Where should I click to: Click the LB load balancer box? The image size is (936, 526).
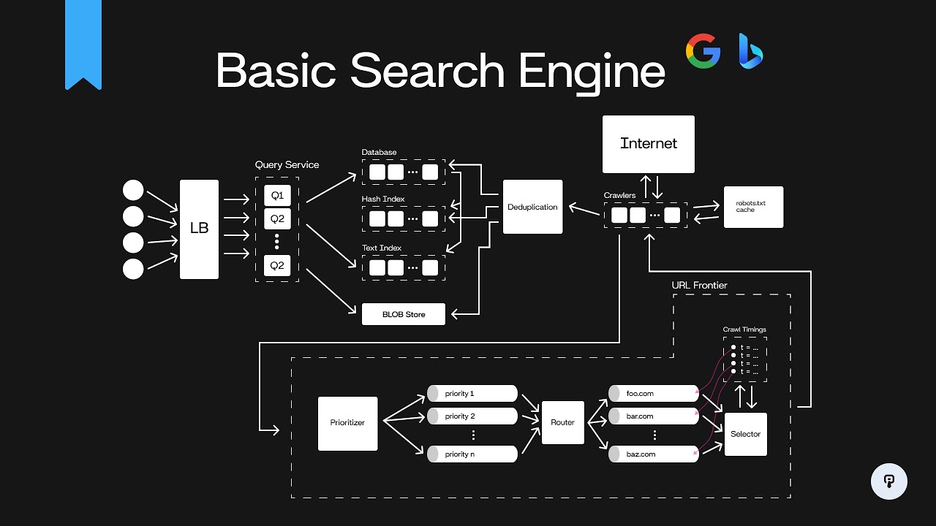pos(199,229)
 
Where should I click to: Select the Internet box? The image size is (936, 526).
pos(648,144)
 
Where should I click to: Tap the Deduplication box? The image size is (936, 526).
pos(532,207)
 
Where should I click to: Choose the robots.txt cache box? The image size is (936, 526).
pos(753,207)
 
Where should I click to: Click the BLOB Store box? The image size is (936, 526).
pos(404,314)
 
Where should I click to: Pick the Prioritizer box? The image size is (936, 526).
pos(348,423)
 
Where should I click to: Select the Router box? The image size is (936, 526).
pos(562,422)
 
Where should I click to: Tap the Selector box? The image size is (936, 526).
pos(745,434)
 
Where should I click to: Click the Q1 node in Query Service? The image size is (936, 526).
pos(277,196)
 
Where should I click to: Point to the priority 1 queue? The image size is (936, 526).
pos(472,394)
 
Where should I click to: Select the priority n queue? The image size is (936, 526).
pos(472,454)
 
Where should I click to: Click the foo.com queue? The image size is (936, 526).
pos(653,394)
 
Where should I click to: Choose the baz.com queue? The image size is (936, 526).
pos(653,454)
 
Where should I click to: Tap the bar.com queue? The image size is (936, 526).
pos(653,416)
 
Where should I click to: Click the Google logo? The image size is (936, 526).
pos(703,51)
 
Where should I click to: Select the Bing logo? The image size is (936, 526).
pos(750,51)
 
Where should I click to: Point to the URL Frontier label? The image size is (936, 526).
pos(699,285)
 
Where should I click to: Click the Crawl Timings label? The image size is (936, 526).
pos(744,329)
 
